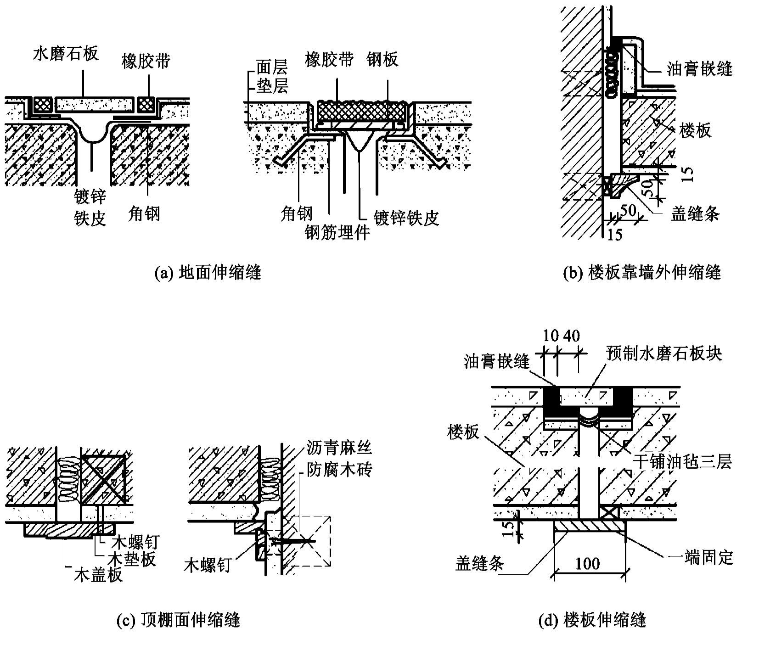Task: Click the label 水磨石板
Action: click(66, 53)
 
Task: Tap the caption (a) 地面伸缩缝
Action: click(208, 273)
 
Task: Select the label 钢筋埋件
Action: click(337, 233)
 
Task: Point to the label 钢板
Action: click(382, 59)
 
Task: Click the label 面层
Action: click(272, 68)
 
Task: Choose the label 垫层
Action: click(272, 86)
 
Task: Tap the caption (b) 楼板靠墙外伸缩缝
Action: click(642, 273)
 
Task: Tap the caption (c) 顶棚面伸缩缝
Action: click(179, 621)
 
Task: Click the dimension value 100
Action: click(587, 563)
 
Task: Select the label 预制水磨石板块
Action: click(663, 353)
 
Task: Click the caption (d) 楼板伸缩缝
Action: click(592, 621)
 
